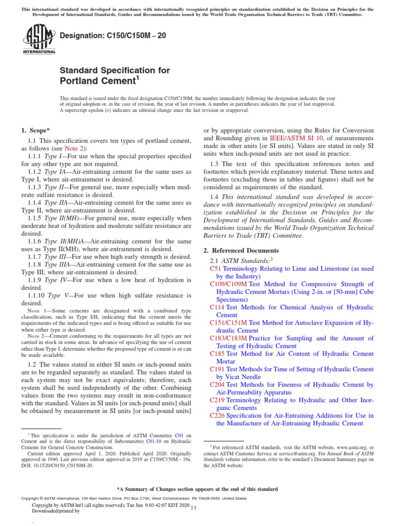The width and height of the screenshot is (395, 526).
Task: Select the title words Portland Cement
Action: pos(96,81)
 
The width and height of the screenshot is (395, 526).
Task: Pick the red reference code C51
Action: pos(216,269)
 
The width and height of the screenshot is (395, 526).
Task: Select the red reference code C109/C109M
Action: pos(228,284)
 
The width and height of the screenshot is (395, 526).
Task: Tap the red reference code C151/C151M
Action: pos(228,323)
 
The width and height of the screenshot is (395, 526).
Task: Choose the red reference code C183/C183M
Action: pos(228,339)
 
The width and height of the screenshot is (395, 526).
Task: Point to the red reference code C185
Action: pos(218,354)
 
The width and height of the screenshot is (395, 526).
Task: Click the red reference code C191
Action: pos(218,369)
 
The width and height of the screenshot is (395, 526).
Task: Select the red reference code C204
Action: pos(218,385)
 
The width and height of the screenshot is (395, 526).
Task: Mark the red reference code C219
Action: pos(218,400)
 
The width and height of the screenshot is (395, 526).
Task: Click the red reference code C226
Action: pos(218,416)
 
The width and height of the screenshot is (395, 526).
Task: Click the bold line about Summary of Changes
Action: pos(197,489)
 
